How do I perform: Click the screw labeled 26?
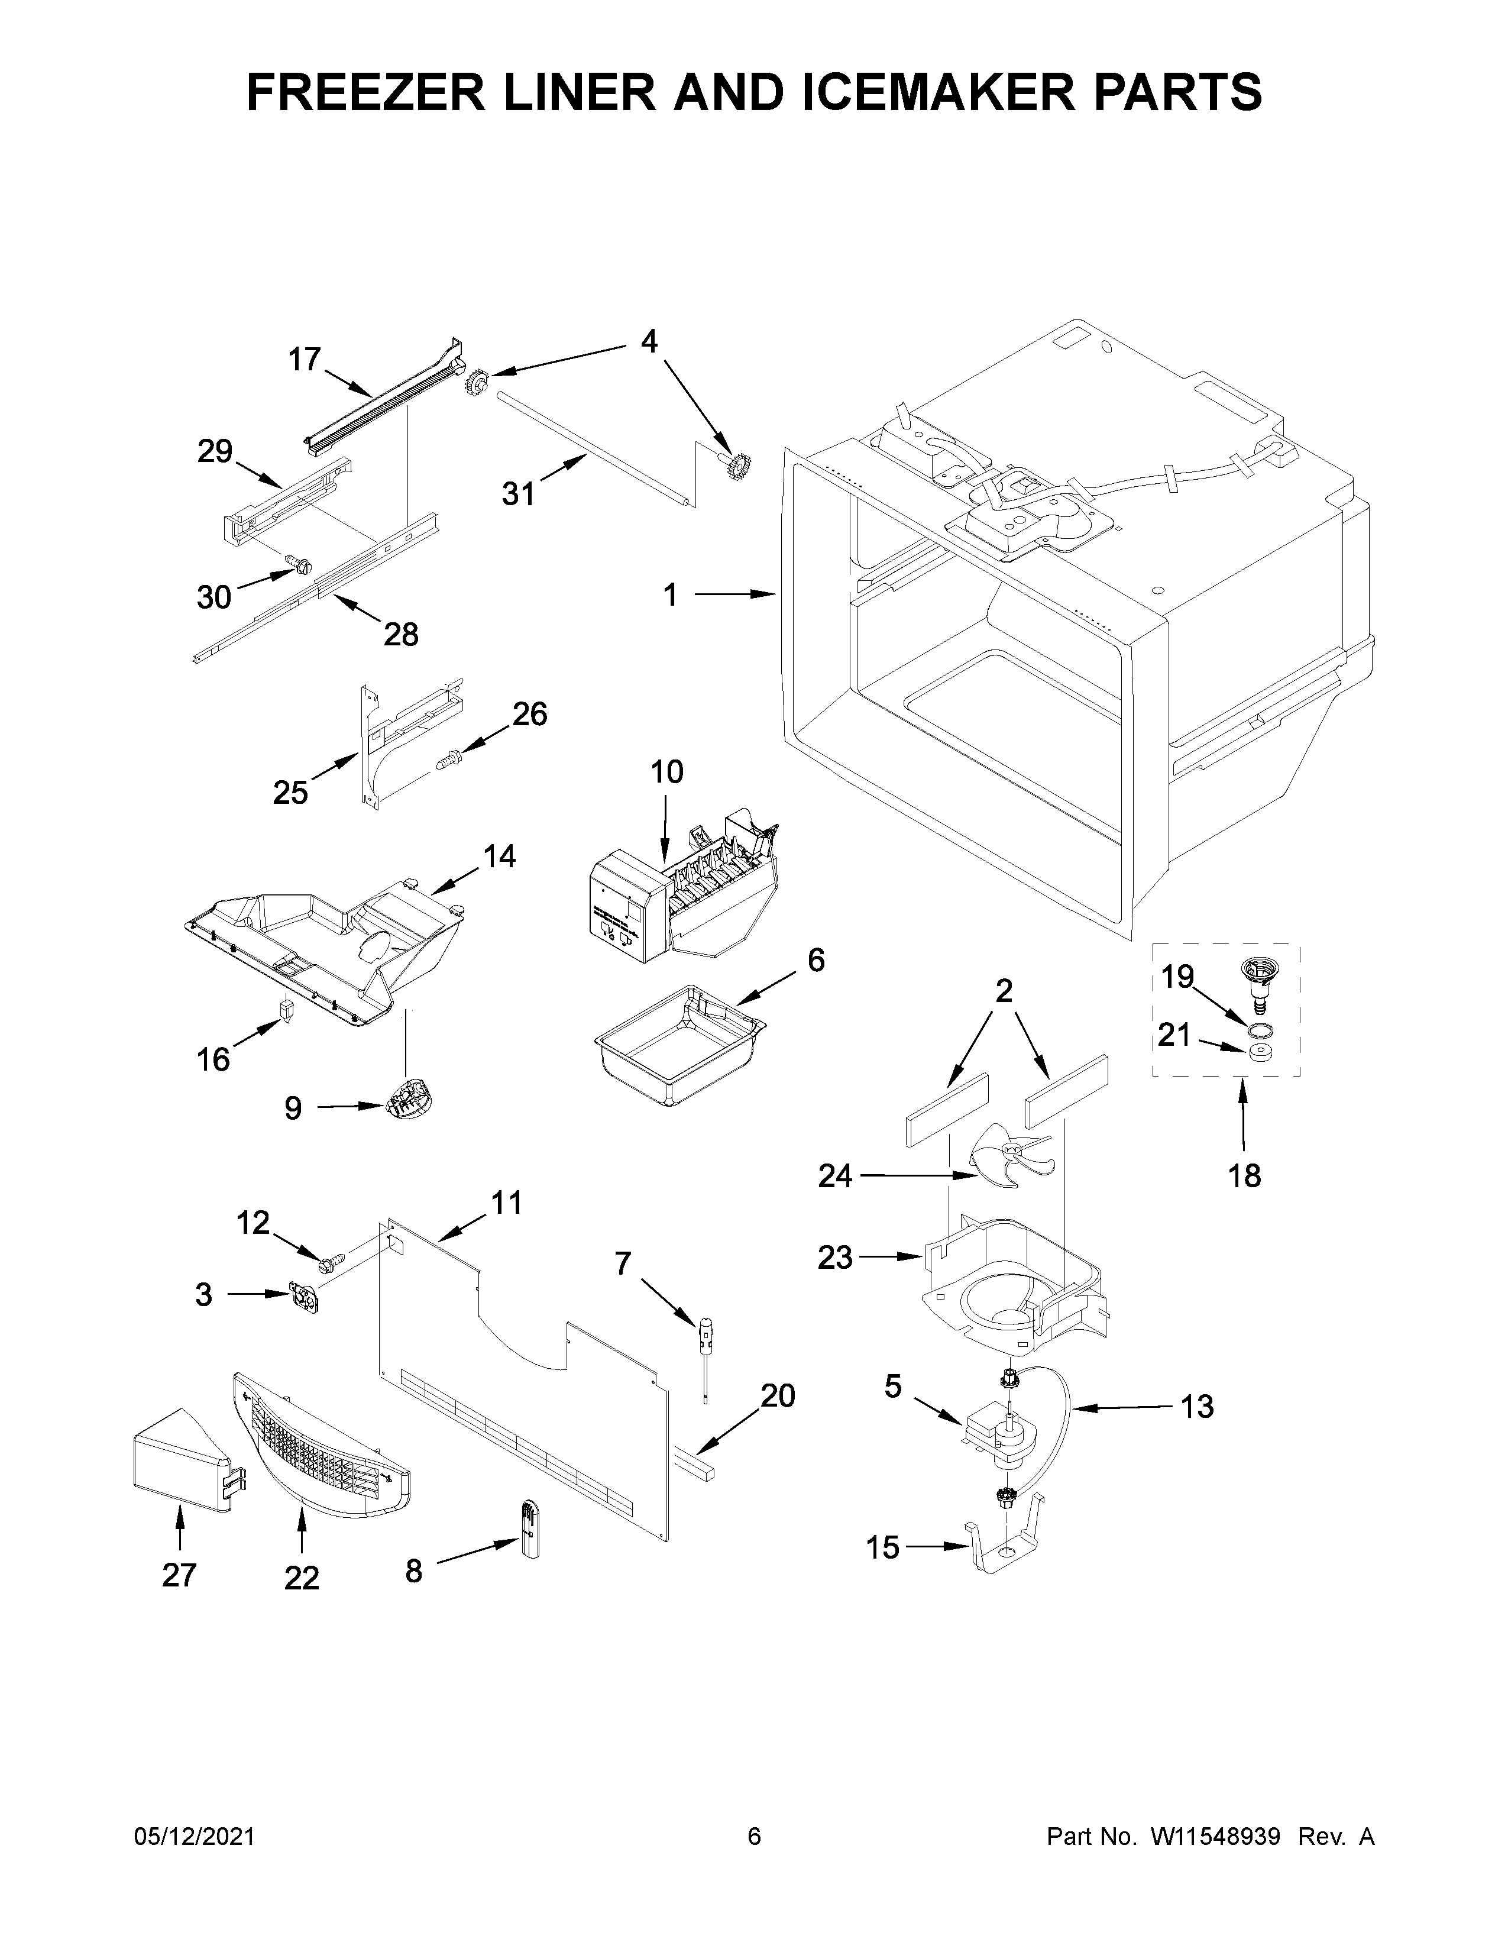pyautogui.click(x=448, y=761)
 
